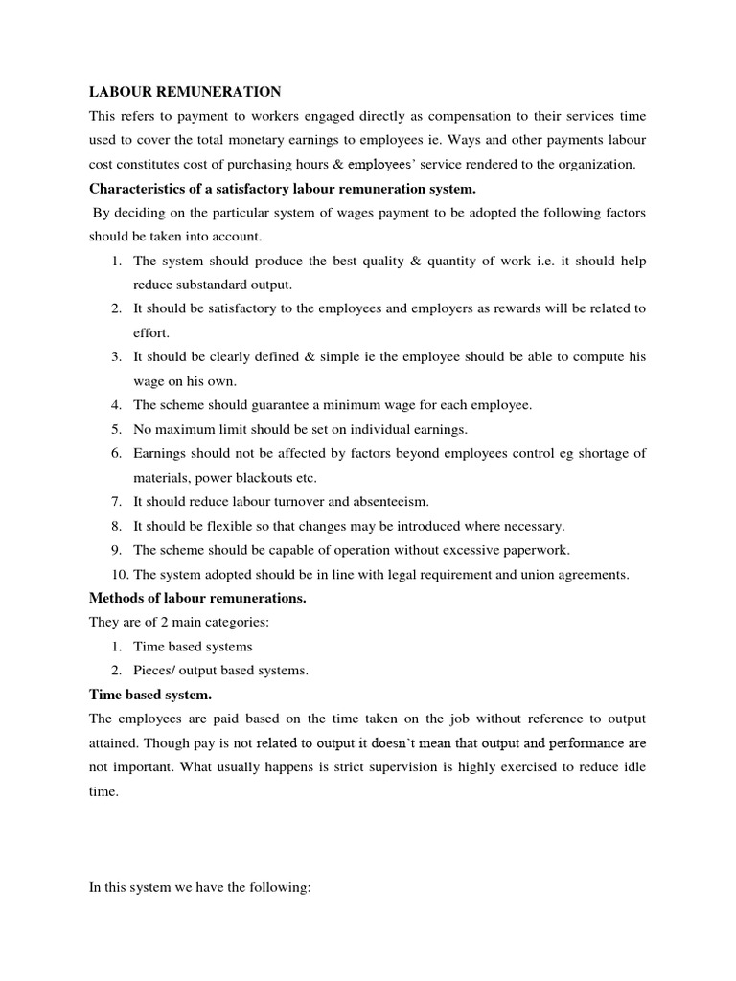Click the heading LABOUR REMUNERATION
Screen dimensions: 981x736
(185, 92)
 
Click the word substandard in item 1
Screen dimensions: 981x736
(215, 285)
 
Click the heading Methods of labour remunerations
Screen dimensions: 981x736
(197, 598)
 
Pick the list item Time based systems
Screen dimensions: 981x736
(193, 647)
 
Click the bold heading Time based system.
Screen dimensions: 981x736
(150, 695)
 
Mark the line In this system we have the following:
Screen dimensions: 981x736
(199, 889)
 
